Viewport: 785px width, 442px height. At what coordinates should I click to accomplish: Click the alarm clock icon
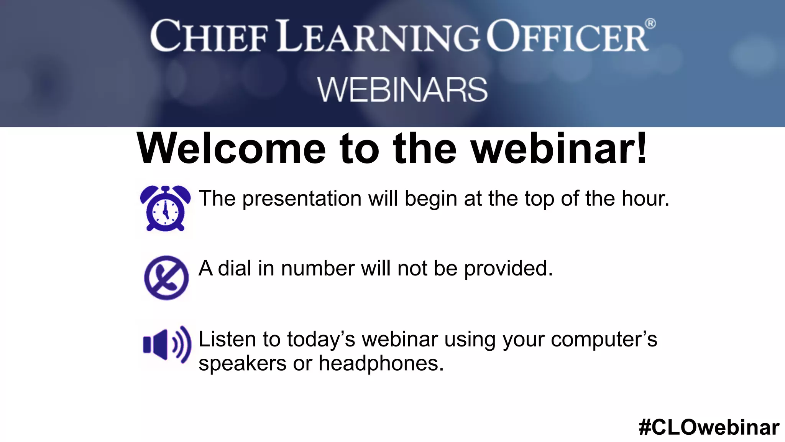point(165,208)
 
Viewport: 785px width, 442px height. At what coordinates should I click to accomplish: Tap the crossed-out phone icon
point(166,277)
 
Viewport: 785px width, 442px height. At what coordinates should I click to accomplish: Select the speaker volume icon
point(167,345)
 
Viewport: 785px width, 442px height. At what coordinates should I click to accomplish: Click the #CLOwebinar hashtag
point(709,427)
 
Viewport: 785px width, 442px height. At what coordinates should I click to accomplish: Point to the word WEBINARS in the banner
point(402,90)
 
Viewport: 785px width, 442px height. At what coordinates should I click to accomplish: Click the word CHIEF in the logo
point(209,36)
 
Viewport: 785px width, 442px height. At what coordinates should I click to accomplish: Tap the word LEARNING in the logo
point(379,36)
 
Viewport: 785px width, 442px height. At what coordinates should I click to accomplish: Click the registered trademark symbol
point(650,24)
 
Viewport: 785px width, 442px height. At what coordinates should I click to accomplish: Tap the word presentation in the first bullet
point(302,199)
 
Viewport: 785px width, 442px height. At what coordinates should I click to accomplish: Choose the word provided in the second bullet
point(508,269)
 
